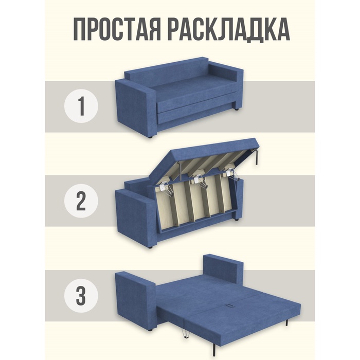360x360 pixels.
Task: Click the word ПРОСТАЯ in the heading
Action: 117,29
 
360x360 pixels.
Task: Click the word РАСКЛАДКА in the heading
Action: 229,29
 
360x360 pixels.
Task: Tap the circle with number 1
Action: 81,106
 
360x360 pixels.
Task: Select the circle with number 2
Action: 81,201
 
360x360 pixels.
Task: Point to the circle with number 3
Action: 81,296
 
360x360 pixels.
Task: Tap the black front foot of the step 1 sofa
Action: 150,137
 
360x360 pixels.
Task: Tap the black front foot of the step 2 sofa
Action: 150,248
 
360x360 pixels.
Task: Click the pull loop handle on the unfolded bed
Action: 229,305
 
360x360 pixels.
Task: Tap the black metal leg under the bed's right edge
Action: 286,322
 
